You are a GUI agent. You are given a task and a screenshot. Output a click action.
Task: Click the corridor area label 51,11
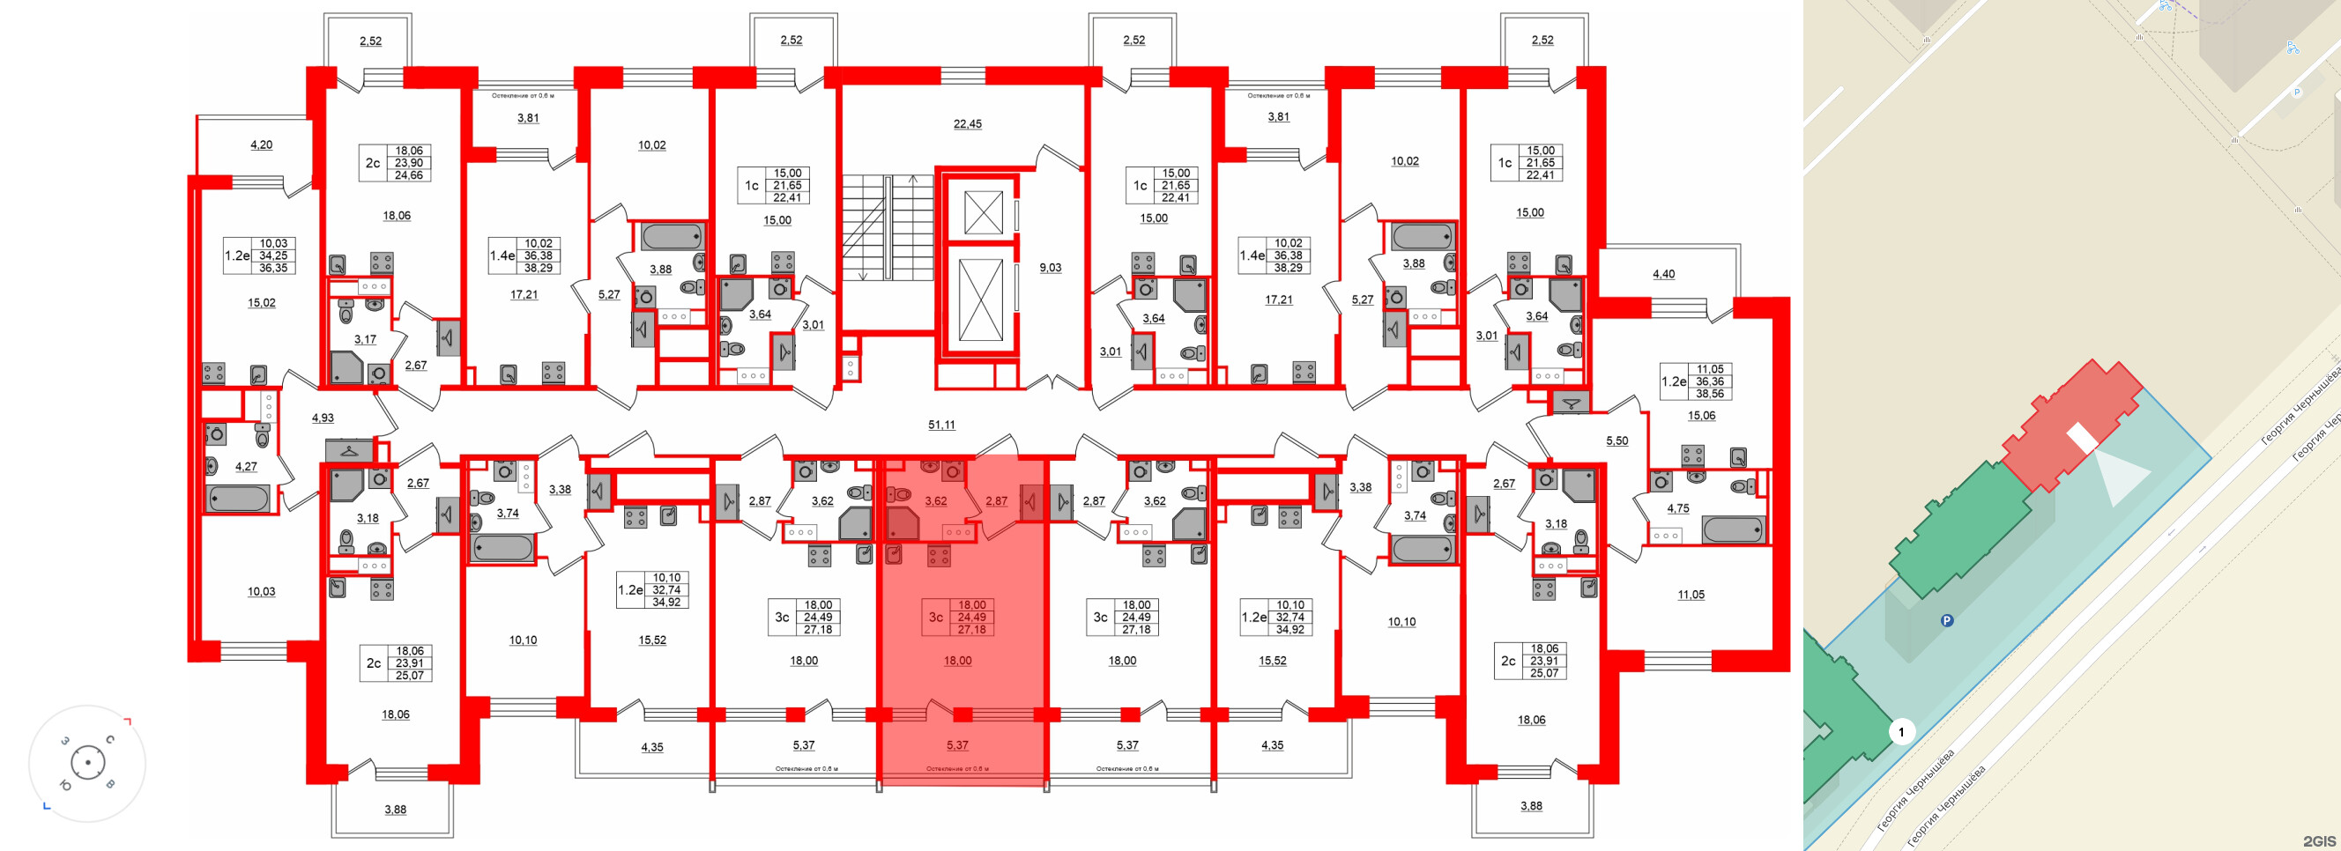(941, 424)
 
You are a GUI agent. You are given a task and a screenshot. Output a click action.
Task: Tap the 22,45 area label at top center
(967, 123)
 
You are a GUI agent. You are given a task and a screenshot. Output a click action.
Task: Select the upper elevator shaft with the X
(983, 212)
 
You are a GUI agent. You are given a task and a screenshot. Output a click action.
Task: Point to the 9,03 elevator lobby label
(1050, 267)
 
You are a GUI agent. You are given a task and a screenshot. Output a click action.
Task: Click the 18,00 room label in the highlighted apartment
(957, 661)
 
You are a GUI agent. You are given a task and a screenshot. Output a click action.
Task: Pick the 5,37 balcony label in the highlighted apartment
(957, 744)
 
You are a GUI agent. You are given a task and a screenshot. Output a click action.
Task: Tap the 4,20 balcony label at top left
(261, 144)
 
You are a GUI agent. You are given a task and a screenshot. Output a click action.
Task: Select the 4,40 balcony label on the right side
(1663, 273)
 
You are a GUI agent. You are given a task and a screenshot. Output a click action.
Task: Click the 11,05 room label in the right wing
(1691, 594)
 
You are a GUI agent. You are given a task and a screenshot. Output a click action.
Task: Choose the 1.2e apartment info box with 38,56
(1697, 381)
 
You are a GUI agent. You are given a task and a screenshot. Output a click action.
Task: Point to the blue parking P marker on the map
(1947, 621)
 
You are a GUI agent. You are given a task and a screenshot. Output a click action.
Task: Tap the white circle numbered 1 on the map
(1901, 731)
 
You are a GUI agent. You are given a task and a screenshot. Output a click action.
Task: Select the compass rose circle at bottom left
(87, 763)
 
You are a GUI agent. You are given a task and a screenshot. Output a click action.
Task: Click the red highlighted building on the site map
(2072, 427)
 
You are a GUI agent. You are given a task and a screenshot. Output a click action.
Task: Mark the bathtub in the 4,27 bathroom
(237, 499)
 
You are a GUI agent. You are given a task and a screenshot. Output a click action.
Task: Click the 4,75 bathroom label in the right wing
(1677, 507)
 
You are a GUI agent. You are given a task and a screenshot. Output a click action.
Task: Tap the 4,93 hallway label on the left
(323, 418)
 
